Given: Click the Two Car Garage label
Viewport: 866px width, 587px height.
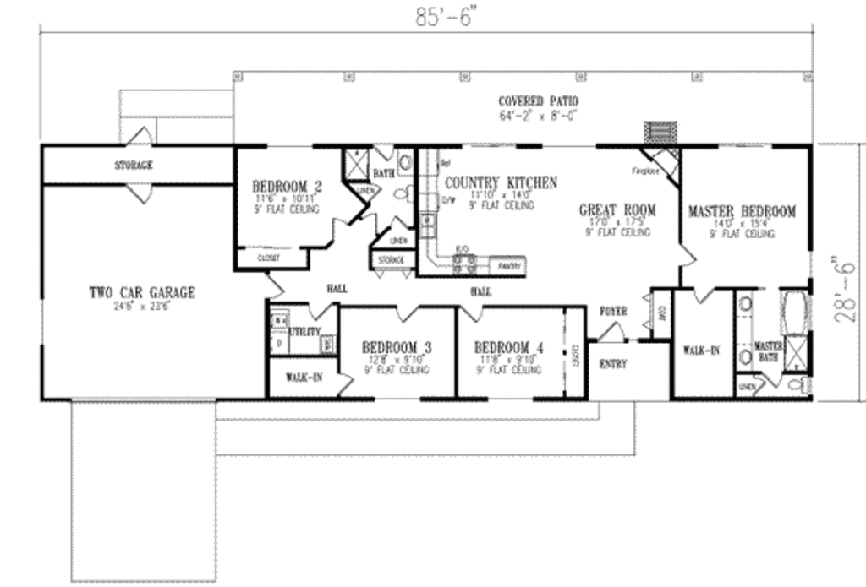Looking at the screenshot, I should click(x=142, y=292).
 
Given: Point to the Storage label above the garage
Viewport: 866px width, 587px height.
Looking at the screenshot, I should click(x=134, y=166).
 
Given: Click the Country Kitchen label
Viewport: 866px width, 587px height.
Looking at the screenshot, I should click(x=501, y=182).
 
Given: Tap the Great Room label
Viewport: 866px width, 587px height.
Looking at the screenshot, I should click(x=617, y=209).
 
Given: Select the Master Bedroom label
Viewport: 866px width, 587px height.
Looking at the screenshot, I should click(x=742, y=211).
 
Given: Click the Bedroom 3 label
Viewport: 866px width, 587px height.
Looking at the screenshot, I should click(x=397, y=347).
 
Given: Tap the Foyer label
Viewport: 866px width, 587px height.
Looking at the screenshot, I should click(x=613, y=312).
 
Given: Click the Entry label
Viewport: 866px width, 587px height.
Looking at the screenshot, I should click(x=612, y=364).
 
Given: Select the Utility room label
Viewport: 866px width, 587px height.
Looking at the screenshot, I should click(x=304, y=332).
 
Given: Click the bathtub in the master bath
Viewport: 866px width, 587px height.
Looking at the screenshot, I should click(x=795, y=313).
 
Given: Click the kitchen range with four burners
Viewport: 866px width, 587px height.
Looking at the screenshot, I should click(x=463, y=264).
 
